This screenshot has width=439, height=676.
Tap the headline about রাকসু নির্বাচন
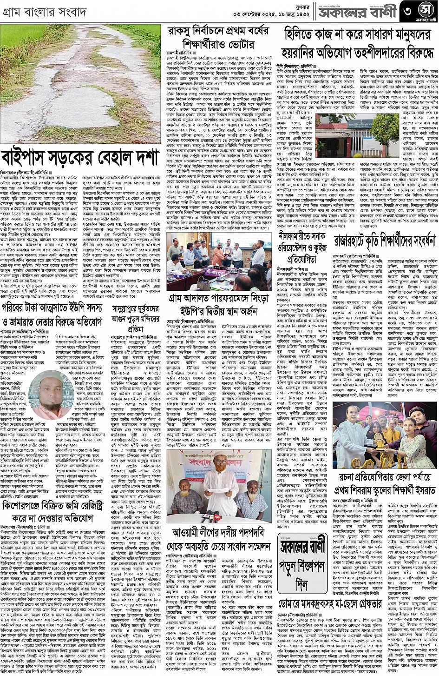click(x=218, y=37)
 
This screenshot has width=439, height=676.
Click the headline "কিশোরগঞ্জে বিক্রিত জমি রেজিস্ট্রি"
click(x=54, y=511)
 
